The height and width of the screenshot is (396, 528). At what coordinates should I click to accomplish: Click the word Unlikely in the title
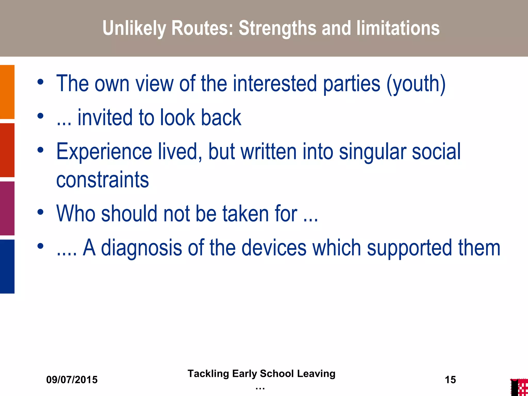pos(134,28)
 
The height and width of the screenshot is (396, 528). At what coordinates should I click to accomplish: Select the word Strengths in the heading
pos(277,28)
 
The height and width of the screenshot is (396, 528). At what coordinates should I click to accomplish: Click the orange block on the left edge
pos(7,92)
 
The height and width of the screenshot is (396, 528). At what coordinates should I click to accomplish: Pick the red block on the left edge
pos(7,150)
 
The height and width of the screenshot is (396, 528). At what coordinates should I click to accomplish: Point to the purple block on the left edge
pos(7,208)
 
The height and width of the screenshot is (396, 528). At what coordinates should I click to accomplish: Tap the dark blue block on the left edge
pos(7,266)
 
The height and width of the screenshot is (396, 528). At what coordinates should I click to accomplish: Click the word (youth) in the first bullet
pos(416,84)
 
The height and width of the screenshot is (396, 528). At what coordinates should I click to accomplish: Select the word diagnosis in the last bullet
pos(142,248)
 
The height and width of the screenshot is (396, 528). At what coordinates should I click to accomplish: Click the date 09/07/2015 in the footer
pos(72,380)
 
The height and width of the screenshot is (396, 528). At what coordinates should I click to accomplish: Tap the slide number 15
pos(450,380)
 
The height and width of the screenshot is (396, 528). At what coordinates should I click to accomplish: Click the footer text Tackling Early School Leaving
pos(261,374)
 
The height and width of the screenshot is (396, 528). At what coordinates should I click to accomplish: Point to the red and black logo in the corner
pos(519,387)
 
